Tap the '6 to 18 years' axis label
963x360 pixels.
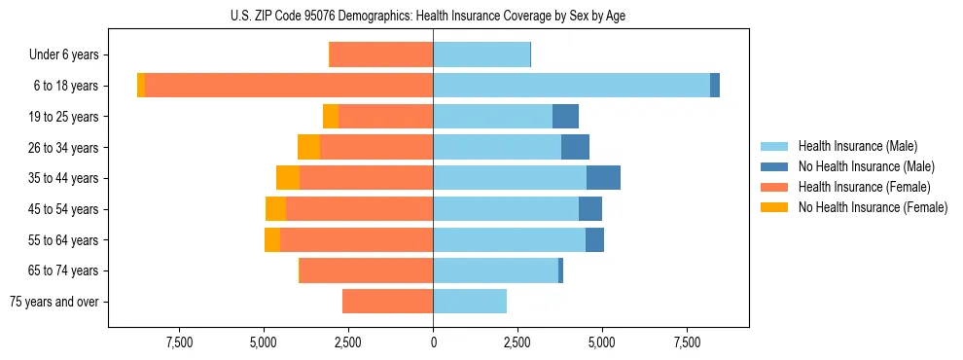click(x=66, y=86)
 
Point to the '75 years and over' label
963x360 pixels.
click(x=53, y=302)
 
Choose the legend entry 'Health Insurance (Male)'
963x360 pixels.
click(x=857, y=146)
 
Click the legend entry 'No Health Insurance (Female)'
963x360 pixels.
click(x=873, y=207)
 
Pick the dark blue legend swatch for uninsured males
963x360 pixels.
click(x=774, y=166)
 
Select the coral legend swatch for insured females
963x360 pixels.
click(x=774, y=187)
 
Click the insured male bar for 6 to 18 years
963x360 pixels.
click(x=571, y=86)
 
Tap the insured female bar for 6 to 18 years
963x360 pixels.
click(x=289, y=86)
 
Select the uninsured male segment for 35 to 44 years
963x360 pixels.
click(x=603, y=178)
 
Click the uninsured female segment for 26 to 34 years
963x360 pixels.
click(x=308, y=147)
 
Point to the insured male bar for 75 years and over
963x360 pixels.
click(x=470, y=302)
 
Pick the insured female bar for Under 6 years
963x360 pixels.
click(x=381, y=54)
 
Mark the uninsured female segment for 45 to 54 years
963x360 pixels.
click(x=275, y=209)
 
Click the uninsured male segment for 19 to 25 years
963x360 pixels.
click(x=565, y=117)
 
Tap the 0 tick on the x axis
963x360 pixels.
click(x=433, y=342)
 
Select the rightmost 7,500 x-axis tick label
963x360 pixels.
click(x=687, y=342)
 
